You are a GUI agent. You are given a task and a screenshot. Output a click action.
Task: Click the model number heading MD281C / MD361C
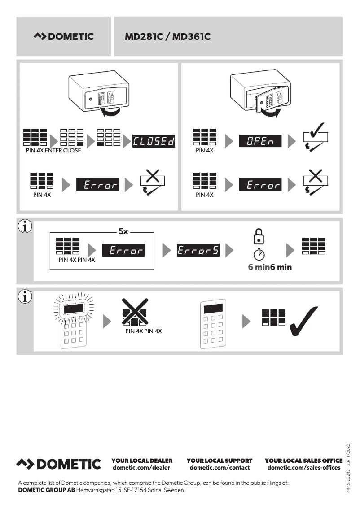click(x=167, y=37)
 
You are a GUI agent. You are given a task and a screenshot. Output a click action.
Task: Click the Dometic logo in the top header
click(x=64, y=37)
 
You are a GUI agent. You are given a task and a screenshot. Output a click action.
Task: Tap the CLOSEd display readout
click(x=154, y=142)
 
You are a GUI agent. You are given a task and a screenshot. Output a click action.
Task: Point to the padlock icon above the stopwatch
click(x=259, y=237)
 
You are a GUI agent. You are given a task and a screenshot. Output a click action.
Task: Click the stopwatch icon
click(x=259, y=254)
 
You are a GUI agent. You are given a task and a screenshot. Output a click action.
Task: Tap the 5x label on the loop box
click(x=123, y=232)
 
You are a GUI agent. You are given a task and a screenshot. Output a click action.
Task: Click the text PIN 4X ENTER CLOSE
click(x=53, y=151)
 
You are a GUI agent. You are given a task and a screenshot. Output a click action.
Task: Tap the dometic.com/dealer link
click(x=141, y=468)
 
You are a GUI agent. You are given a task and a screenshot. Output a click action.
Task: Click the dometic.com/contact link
click(x=220, y=468)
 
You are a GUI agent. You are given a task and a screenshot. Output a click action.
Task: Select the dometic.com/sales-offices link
click(x=304, y=468)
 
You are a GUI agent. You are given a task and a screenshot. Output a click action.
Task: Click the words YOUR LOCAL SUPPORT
click(x=220, y=461)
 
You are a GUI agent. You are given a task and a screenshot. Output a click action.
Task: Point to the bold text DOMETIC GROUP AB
click(x=46, y=490)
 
